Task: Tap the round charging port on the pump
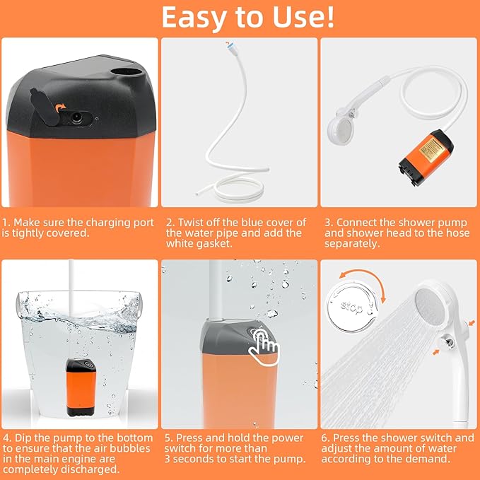pos(76,117)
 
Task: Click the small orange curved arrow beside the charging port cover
pos(61,107)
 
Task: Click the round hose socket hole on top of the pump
pos(127,73)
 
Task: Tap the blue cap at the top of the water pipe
pos(229,45)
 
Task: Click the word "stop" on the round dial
pos(351,308)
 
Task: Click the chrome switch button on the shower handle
pos(447,342)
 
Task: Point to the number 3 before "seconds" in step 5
pos(168,459)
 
